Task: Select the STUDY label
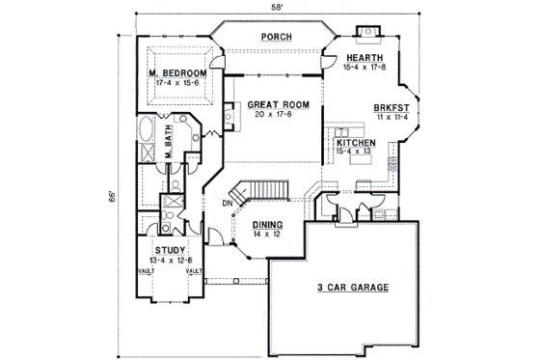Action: [x=169, y=250]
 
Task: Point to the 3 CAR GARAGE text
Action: [x=345, y=289]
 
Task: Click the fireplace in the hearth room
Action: [x=366, y=39]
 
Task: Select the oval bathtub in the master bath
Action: [x=147, y=129]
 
